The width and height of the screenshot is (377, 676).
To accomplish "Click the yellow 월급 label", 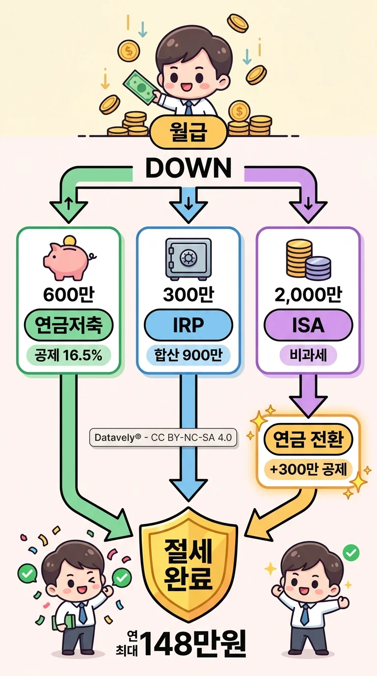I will click(188, 133).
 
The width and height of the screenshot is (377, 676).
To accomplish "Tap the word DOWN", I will click(188, 169).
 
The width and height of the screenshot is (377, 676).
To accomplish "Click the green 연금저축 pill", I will click(69, 325).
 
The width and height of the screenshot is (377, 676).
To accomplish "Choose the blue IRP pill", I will click(188, 325).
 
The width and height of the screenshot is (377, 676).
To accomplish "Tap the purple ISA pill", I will click(308, 325).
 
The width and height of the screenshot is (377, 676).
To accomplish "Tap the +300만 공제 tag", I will click(308, 469).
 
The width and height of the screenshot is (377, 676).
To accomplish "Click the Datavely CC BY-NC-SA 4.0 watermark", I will click(163, 437).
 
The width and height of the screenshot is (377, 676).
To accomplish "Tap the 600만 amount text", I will click(69, 295).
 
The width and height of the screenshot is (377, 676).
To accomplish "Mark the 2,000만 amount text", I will click(308, 295).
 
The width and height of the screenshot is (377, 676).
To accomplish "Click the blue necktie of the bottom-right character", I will click(305, 614).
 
